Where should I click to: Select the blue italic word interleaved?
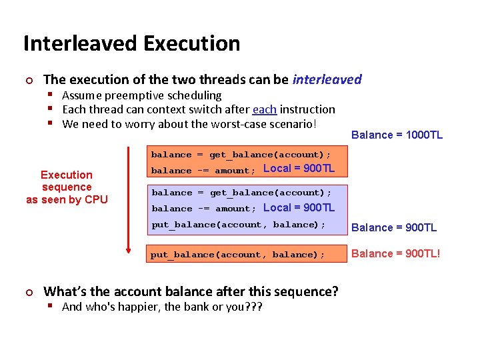(327, 79)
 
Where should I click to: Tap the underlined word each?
(265, 109)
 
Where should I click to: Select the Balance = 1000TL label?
(397, 135)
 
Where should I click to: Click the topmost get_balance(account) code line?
(241, 155)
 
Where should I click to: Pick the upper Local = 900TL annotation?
(299, 169)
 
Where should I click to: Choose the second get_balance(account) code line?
(241, 193)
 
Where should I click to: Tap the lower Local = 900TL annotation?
(299, 207)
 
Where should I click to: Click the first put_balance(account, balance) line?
(239, 225)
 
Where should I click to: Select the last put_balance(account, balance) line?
(238, 255)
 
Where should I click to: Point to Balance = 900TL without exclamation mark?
(394, 227)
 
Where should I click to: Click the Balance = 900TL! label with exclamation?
(395, 253)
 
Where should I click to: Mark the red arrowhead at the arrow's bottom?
(129, 251)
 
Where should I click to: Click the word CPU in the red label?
(96, 199)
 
